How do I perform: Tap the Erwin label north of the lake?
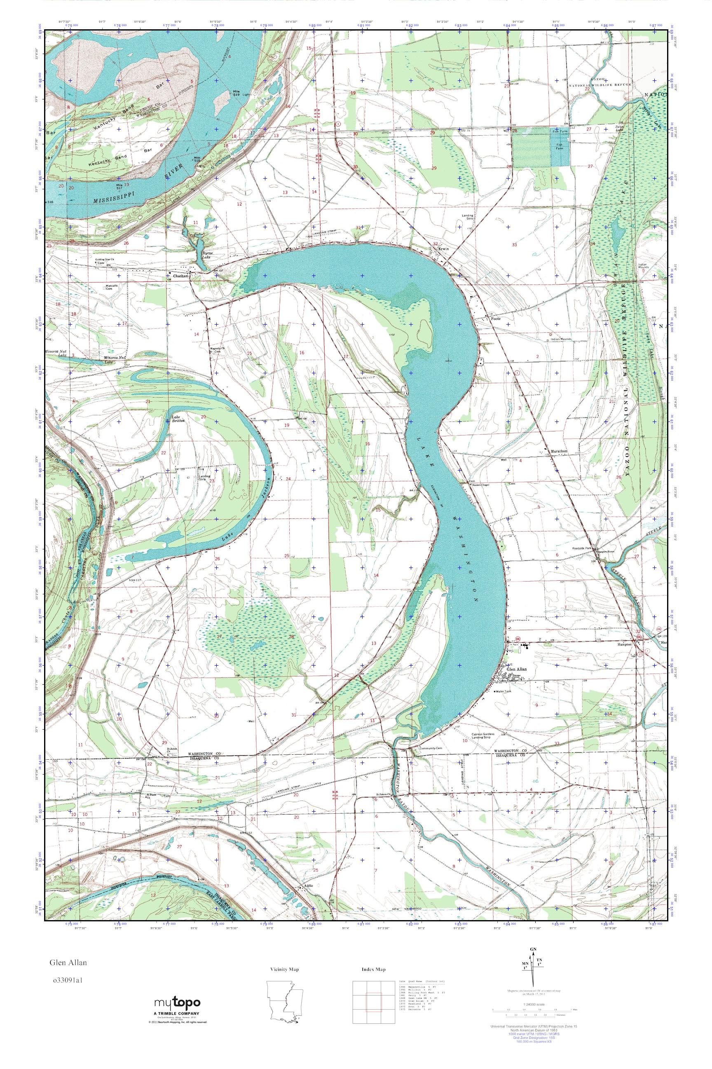click(443, 249)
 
